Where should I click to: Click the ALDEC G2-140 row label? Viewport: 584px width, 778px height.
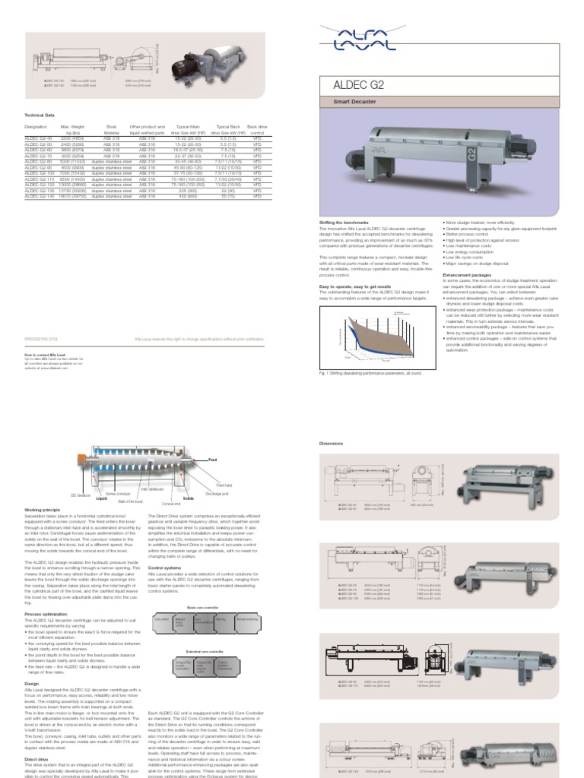pyautogui.click(x=39, y=196)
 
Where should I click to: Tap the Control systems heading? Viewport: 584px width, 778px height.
pyautogui.click(x=164, y=567)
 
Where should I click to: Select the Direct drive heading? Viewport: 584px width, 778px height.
pyautogui.click(x=36, y=758)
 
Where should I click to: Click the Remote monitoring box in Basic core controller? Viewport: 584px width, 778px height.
pyautogui.click(x=246, y=620)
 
